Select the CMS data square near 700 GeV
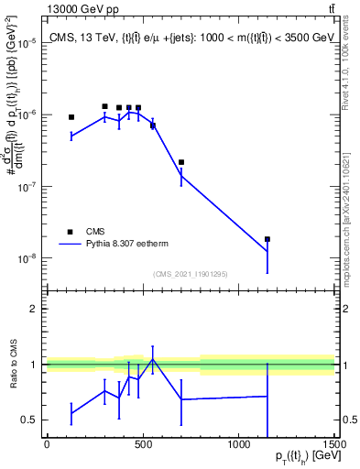(181, 162)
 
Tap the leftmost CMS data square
(71, 117)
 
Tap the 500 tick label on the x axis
(143, 446)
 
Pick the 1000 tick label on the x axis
(238, 446)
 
